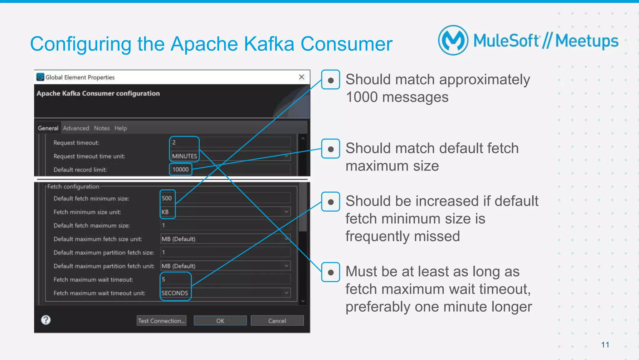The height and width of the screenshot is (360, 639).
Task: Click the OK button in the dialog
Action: click(220, 321)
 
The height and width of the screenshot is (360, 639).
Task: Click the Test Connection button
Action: click(161, 321)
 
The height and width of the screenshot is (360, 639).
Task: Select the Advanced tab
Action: click(76, 128)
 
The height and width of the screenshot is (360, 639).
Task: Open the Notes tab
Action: click(102, 128)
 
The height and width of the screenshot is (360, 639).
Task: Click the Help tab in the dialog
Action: click(120, 128)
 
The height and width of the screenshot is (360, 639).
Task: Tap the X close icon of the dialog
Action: click(301, 77)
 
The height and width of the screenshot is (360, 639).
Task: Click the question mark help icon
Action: click(46, 320)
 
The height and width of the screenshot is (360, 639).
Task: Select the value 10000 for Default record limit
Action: click(181, 170)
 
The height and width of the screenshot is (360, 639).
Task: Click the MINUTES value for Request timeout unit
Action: click(184, 156)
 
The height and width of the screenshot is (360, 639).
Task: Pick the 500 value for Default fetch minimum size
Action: click(167, 198)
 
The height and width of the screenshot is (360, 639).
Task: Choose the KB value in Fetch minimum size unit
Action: click(165, 212)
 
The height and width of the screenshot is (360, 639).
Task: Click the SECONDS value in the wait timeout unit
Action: click(175, 293)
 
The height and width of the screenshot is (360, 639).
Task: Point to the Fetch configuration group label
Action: click(73, 186)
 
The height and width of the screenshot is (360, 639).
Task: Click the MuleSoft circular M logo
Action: click(453, 41)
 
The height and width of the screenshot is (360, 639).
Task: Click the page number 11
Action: click(605, 345)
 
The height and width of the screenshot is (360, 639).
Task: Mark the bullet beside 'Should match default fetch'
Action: click(331, 149)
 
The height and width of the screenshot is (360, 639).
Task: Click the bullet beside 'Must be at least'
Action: click(331, 272)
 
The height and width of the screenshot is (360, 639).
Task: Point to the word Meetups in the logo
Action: click(587, 41)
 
